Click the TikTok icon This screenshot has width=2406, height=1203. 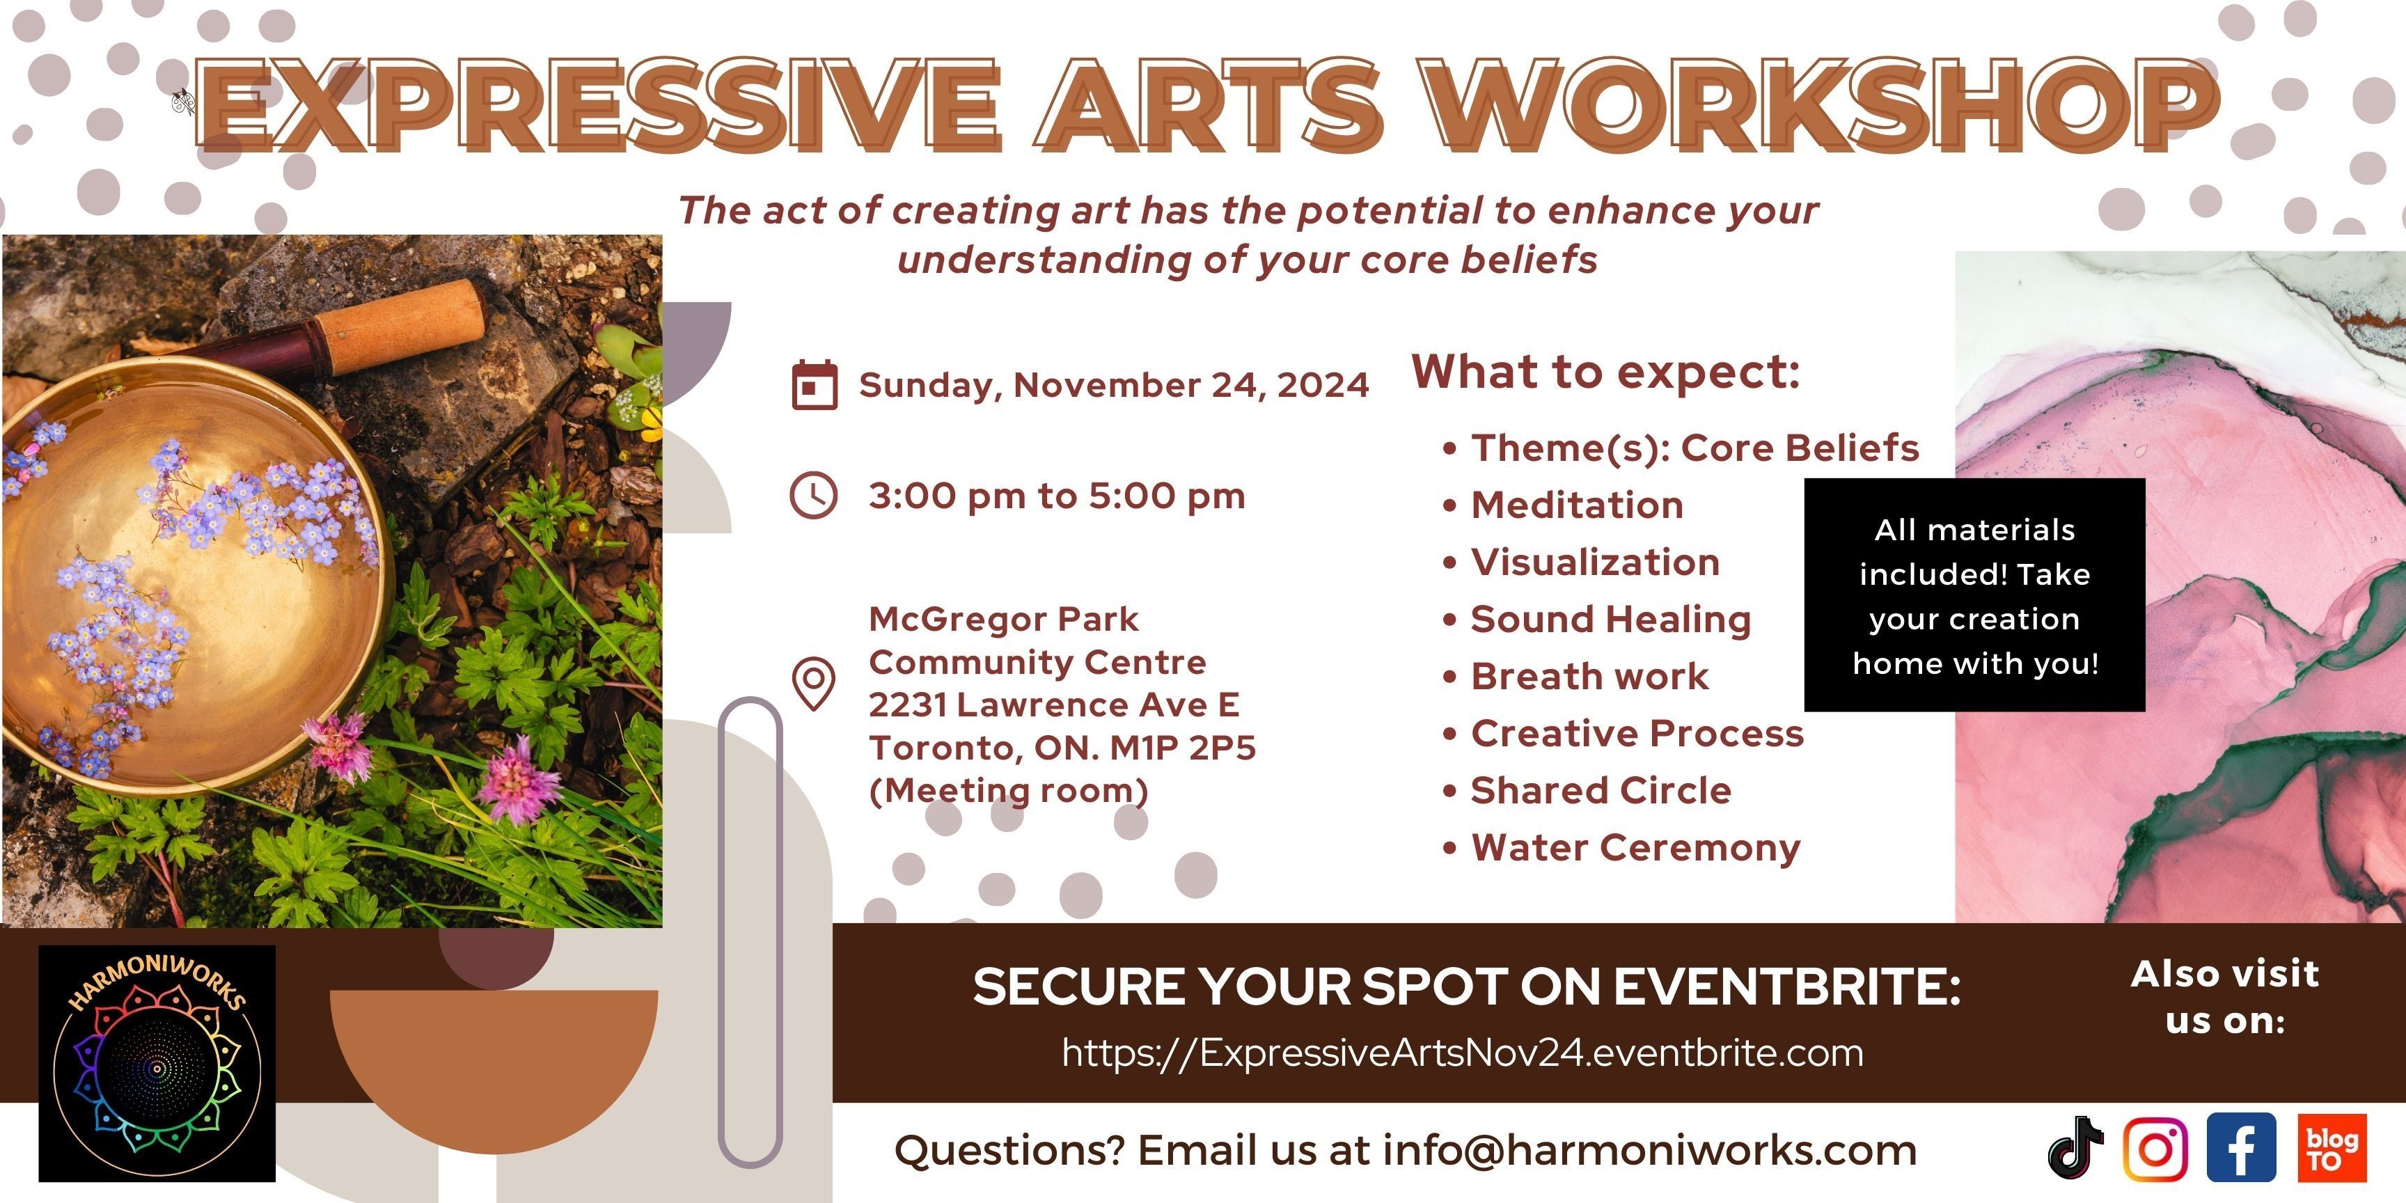(x=2075, y=1147)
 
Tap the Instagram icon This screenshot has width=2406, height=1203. (x=2155, y=1148)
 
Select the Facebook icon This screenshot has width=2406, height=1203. (x=2241, y=1148)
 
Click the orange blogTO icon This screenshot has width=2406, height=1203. (x=2332, y=1148)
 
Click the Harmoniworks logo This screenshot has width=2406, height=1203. (x=157, y=1063)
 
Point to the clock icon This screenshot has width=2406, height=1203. (x=814, y=495)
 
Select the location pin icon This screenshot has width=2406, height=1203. (x=814, y=684)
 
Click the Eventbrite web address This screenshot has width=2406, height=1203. (x=1463, y=1053)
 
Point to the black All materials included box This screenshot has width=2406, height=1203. (x=1974, y=595)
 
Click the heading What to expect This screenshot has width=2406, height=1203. (x=1605, y=372)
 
